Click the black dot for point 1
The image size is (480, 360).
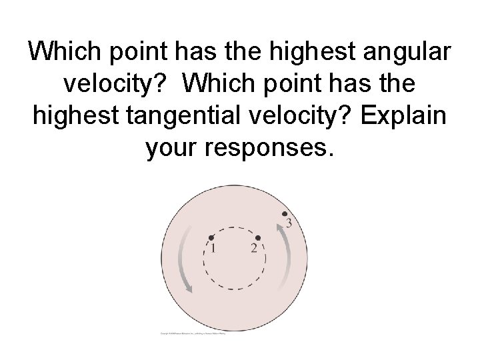point(211,237)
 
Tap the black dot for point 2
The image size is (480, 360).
point(258,237)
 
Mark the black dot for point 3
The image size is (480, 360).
point(285,214)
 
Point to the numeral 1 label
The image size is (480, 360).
point(213,249)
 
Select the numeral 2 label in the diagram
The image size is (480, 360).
point(254,249)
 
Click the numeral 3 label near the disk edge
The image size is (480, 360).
point(289,223)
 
